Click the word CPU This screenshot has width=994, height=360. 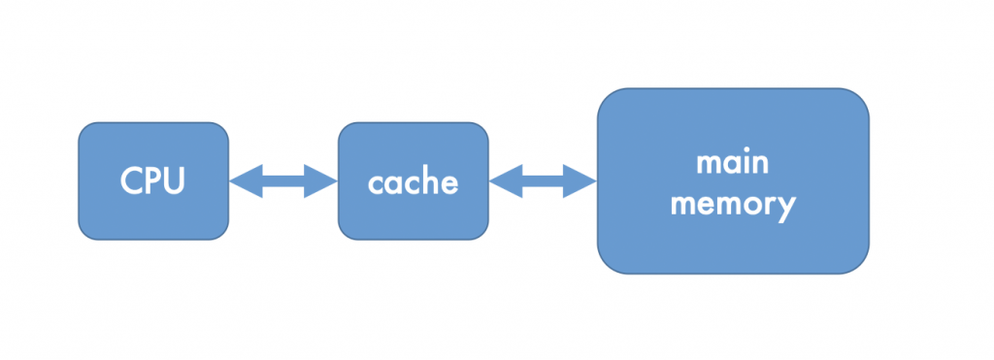153,181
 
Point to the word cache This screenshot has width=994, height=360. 413,182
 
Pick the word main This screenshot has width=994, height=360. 733,161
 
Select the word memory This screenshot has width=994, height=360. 733,205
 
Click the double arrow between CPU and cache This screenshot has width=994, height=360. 282,180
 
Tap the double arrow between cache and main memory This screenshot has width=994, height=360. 543,180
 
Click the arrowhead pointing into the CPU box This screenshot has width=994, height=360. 244,180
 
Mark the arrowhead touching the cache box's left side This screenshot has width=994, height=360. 322,180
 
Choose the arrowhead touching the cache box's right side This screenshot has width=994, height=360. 504,180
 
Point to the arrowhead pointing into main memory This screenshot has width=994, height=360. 582,180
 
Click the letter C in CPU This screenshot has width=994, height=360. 131,181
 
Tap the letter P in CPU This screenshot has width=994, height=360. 153,181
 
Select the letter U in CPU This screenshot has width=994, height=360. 175,181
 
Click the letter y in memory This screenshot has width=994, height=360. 785,208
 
